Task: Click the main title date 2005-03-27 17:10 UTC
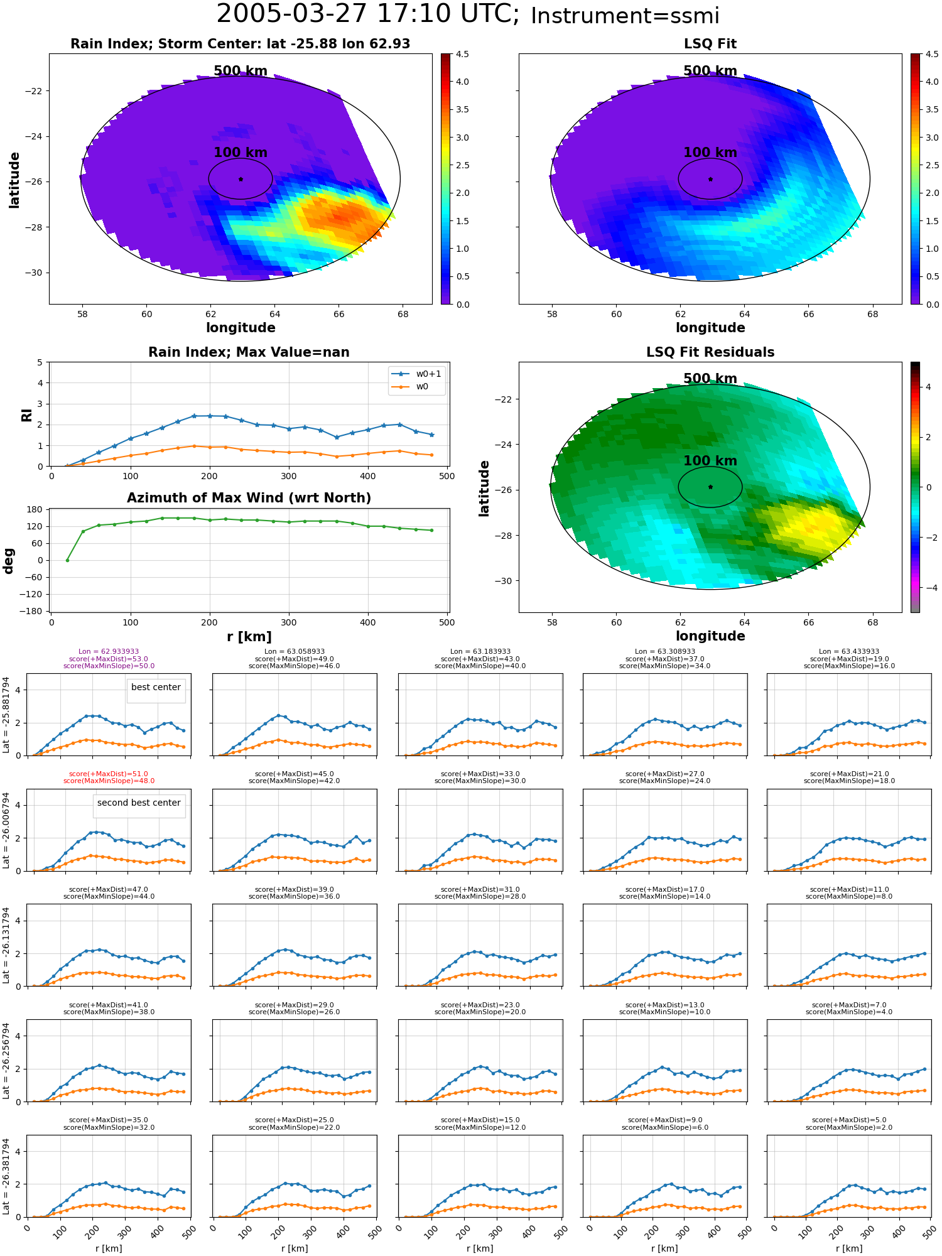pos(368,14)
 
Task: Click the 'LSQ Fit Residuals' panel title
pos(710,352)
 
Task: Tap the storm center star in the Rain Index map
pos(241,179)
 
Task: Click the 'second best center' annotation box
pos(139,803)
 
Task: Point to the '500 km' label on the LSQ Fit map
pos(710,71)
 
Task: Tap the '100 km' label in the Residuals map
pos(710,461)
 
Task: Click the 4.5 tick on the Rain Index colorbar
pos(462,55)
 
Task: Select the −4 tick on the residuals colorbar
pos(928,588)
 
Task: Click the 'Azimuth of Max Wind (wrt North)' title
pos(249,498)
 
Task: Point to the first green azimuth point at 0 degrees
pos(67,560)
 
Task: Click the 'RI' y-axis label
pos(26,414)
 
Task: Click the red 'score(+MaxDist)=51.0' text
pos(109,774)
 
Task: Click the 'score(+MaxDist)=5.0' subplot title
pos(849,1120)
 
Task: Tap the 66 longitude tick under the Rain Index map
pos(338,314)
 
